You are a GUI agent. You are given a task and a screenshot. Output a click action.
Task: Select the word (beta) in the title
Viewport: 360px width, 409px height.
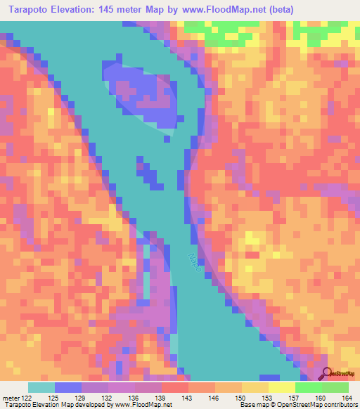(278, 10)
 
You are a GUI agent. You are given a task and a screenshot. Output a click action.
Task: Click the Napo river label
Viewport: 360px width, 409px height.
(198, 264)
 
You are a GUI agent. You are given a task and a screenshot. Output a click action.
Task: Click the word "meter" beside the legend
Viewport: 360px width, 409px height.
(10, 398)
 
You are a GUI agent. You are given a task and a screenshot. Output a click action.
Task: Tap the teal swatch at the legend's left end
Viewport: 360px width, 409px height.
(41, 387)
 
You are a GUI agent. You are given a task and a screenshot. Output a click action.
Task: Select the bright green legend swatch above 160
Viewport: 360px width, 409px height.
(309, 387)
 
